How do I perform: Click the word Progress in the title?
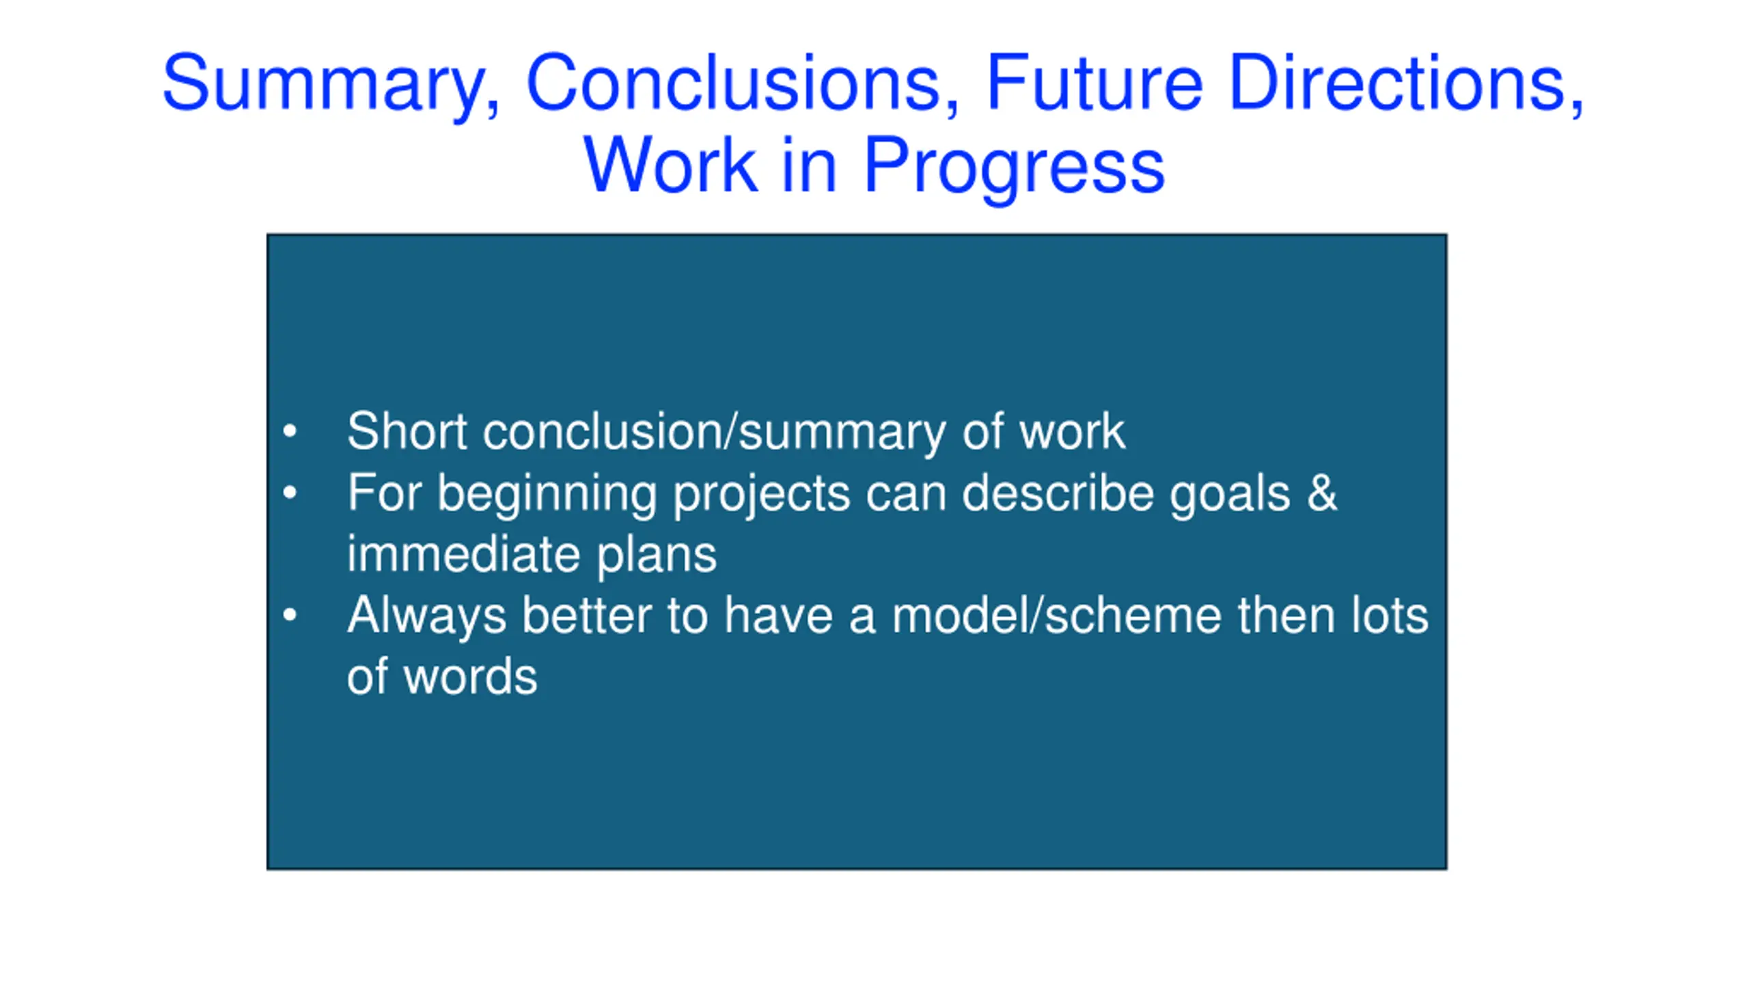1014,168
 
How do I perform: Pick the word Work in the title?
670,164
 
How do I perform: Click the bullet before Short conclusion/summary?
290,431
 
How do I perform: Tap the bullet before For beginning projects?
290,493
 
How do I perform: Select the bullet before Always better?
290,615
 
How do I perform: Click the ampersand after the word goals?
1322,493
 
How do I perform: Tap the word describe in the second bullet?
1058,493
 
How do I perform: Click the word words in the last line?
471,676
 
